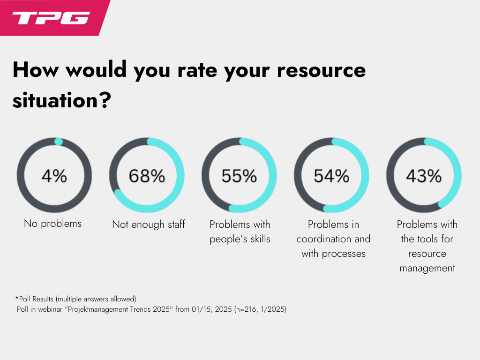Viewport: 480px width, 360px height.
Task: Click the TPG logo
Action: (51, 18)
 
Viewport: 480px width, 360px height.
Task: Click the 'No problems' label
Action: (52, 224)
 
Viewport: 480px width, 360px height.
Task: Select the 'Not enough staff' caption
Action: (149, 225)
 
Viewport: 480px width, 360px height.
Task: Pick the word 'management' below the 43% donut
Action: (427, 269)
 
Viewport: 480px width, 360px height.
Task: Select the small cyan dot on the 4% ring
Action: (58, 141)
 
